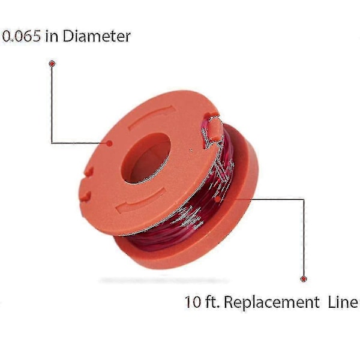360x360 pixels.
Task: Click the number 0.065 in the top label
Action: coord(22,36)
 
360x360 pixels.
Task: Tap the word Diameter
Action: coord(97,36)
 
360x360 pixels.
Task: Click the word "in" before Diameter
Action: coord(52,36)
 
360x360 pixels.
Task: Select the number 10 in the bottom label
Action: coord(193,302)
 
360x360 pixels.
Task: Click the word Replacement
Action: coord(272,303)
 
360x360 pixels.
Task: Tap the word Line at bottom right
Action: coord(343,302)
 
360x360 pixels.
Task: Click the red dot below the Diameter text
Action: coord(52,64)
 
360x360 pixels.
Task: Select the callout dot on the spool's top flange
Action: coord(110,143)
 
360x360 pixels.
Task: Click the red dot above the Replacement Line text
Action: coord(304,279)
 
